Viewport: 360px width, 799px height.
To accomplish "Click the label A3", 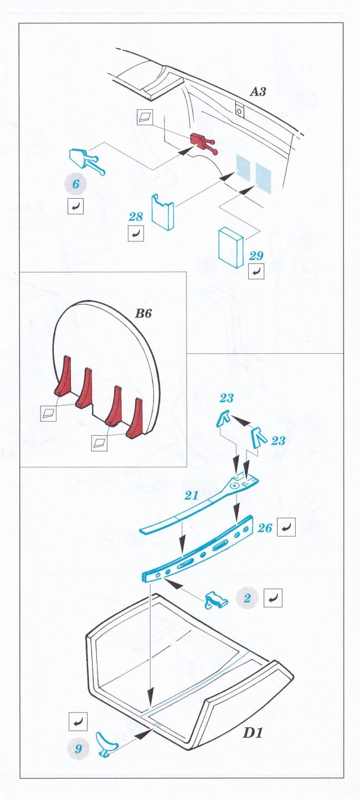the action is [x=258, y=92].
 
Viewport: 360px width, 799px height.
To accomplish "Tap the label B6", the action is [x=143, y=313].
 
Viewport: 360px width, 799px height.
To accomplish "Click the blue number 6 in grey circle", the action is [x=75, y=184].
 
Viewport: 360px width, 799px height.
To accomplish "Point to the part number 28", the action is [x=136, y=216].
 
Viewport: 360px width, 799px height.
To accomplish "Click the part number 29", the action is [x=256, y=256].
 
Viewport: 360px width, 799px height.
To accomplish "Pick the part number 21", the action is [x=191, y=496].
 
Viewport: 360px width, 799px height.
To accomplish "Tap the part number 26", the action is [x=265, y=528].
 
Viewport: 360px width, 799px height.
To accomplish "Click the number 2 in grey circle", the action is [x=248, y=597].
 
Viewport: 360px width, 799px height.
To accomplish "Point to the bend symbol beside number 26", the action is [x=286, y=527].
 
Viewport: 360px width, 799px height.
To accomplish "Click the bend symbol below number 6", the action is [x=75, y=206].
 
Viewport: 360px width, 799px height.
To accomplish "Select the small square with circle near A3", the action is [x=240, y=109].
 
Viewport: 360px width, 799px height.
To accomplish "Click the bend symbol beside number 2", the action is [x=273, y=598].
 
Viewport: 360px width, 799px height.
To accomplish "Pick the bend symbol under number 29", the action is [x=256, y=272].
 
